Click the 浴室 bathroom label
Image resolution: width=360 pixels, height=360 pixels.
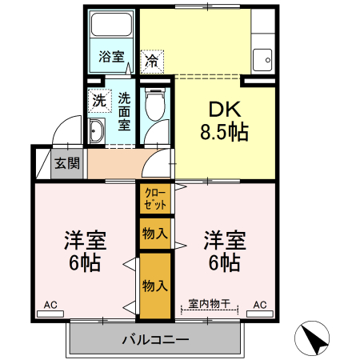coord(111,57)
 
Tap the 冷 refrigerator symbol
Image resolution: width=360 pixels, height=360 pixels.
coord(151,58)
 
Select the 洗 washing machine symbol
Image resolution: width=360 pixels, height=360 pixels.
coord(98,101)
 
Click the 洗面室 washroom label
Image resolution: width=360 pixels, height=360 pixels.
coord(125,112)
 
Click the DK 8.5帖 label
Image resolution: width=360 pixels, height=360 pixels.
coord(226,121)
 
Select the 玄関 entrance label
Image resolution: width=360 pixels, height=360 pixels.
coord(66,164)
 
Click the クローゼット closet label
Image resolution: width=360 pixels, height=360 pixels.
coord(154,198)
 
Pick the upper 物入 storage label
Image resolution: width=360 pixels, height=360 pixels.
coord(154,234)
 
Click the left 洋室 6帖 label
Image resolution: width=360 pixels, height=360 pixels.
coord(85,250)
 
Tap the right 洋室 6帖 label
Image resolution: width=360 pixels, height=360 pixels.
coord(223,250)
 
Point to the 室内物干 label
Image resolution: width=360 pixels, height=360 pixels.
coord(209,304)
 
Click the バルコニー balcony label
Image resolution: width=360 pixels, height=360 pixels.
coord(155,340)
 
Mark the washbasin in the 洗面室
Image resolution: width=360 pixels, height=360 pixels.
coord(98,132)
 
